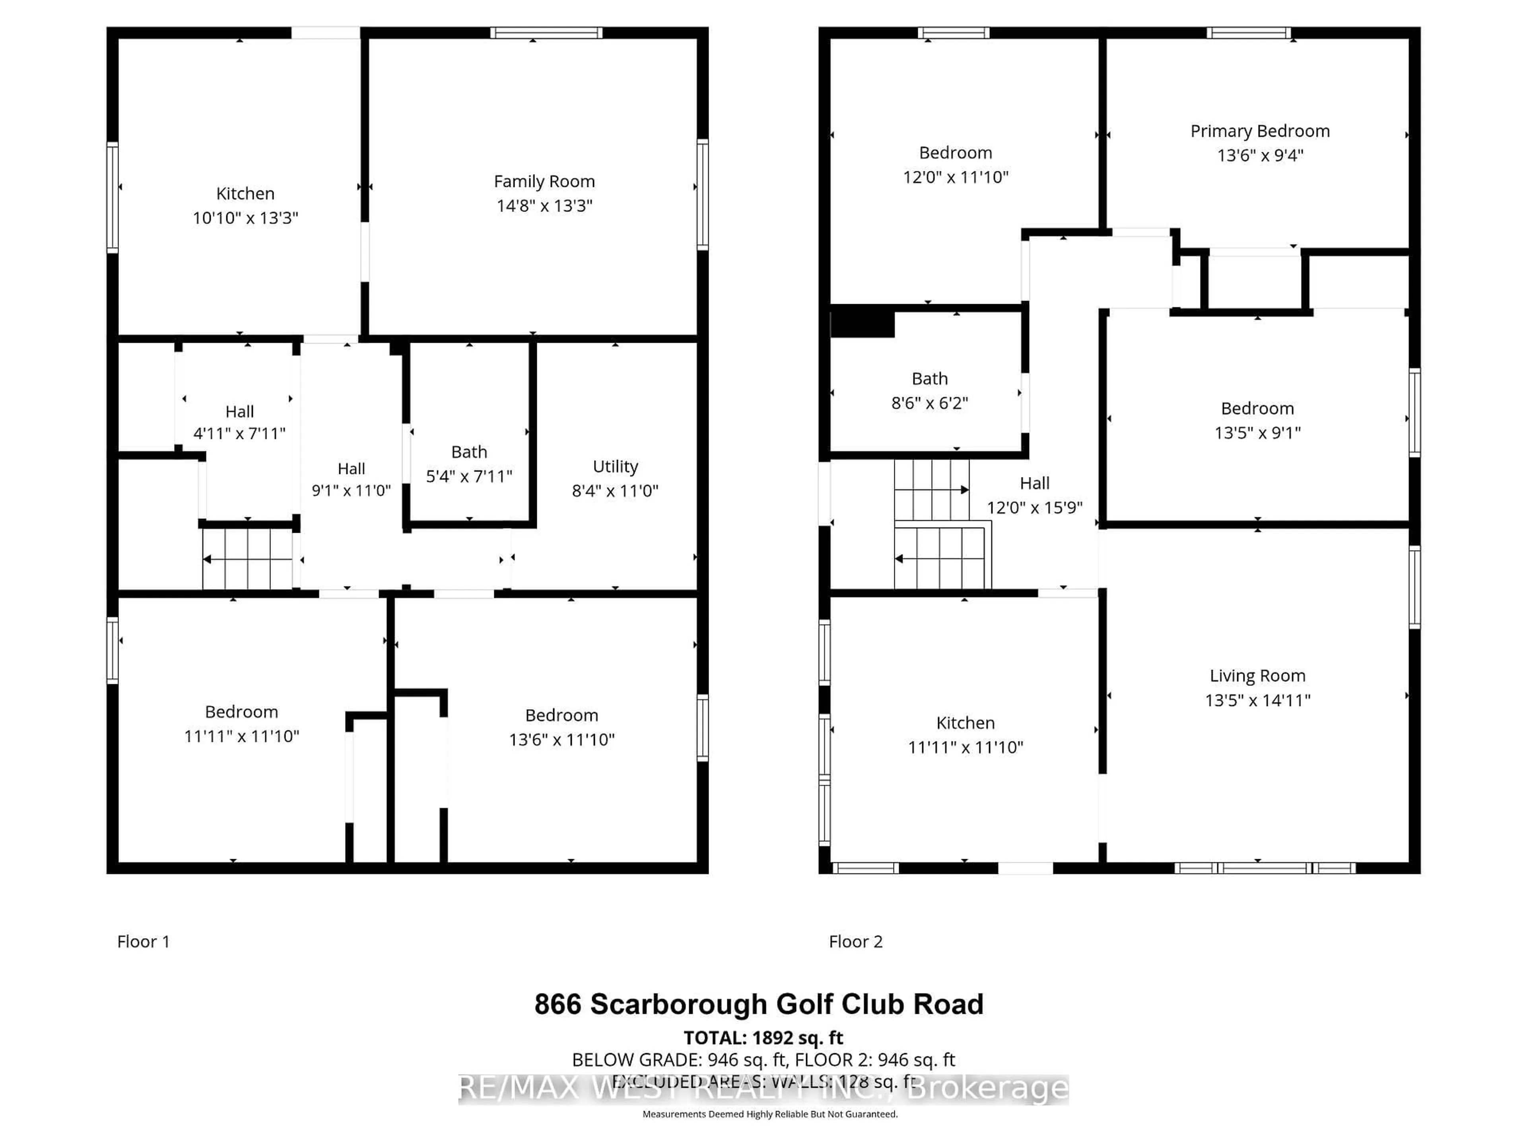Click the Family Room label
[x=544, y=182]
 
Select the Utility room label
[x=615, y=467]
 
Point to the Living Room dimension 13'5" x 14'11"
[x=1257, y=700]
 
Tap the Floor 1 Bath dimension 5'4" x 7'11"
[x=469, y=476]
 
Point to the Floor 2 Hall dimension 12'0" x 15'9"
[x=1034, y=507]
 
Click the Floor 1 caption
[x=143, y=941]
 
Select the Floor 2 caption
[x=855, y=941]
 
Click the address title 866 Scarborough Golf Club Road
[x=759, y=1004]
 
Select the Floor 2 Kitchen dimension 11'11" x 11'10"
[x=965, y=747]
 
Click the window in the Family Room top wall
[x=546, y=33]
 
